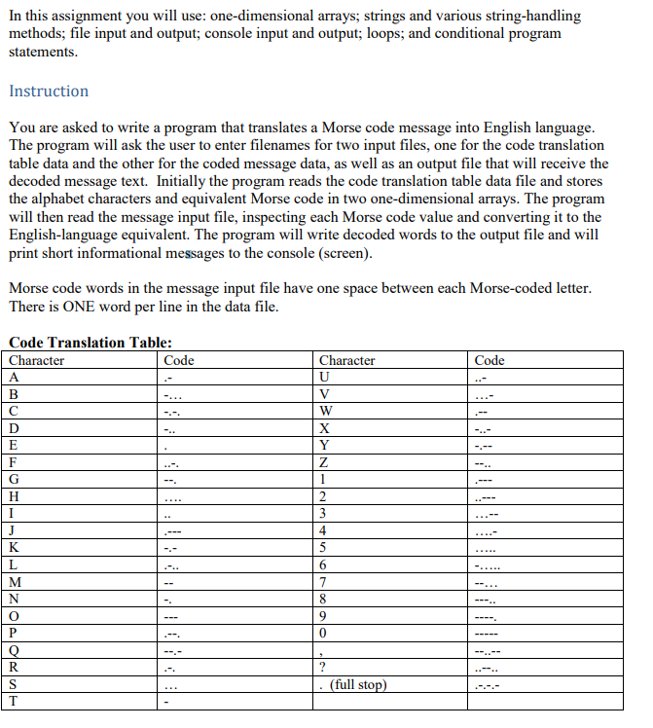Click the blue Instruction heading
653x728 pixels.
(48, 91)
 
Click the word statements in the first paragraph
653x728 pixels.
(42, 51)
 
